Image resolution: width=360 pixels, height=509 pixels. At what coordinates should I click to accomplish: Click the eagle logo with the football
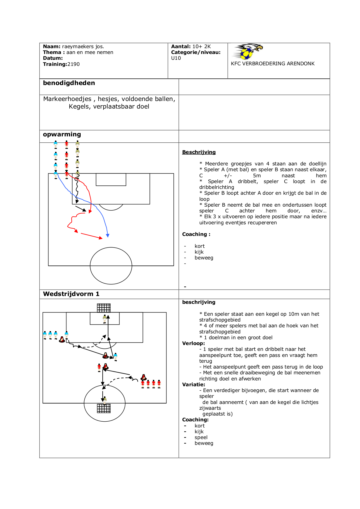(248, 51)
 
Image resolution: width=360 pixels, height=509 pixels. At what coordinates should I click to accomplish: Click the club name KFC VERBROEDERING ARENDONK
(272, 64)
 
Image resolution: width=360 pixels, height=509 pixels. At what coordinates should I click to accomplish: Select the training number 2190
(73, 64)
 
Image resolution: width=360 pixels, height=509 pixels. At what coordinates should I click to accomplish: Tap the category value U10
(176, 58)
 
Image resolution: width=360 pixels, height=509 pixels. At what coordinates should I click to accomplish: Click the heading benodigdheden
(69, 83)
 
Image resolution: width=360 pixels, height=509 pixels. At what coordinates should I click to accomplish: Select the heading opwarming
(62, 134)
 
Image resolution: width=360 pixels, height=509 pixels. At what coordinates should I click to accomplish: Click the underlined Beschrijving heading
(199, 152)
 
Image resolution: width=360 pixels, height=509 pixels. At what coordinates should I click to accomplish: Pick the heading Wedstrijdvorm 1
(71, 294)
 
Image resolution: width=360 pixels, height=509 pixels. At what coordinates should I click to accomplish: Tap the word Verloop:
(193, 343)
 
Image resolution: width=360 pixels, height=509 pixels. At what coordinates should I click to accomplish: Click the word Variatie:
(193, 385)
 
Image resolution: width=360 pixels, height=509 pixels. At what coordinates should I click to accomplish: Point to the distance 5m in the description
(257, 176)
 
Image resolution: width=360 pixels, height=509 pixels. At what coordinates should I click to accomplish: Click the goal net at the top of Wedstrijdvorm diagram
(104, 308)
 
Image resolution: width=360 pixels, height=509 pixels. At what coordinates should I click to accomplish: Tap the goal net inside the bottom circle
(104, 408)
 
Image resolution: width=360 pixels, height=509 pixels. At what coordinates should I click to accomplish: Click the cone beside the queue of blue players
(62, 339)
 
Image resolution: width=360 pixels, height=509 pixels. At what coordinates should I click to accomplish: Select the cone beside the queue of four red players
(144, 377)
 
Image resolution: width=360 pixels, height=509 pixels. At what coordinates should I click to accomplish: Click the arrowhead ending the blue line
(108, 236)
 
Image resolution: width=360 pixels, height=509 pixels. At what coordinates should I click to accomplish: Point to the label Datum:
(53, 58)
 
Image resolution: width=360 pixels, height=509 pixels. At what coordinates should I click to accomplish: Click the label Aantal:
(181, 46)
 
